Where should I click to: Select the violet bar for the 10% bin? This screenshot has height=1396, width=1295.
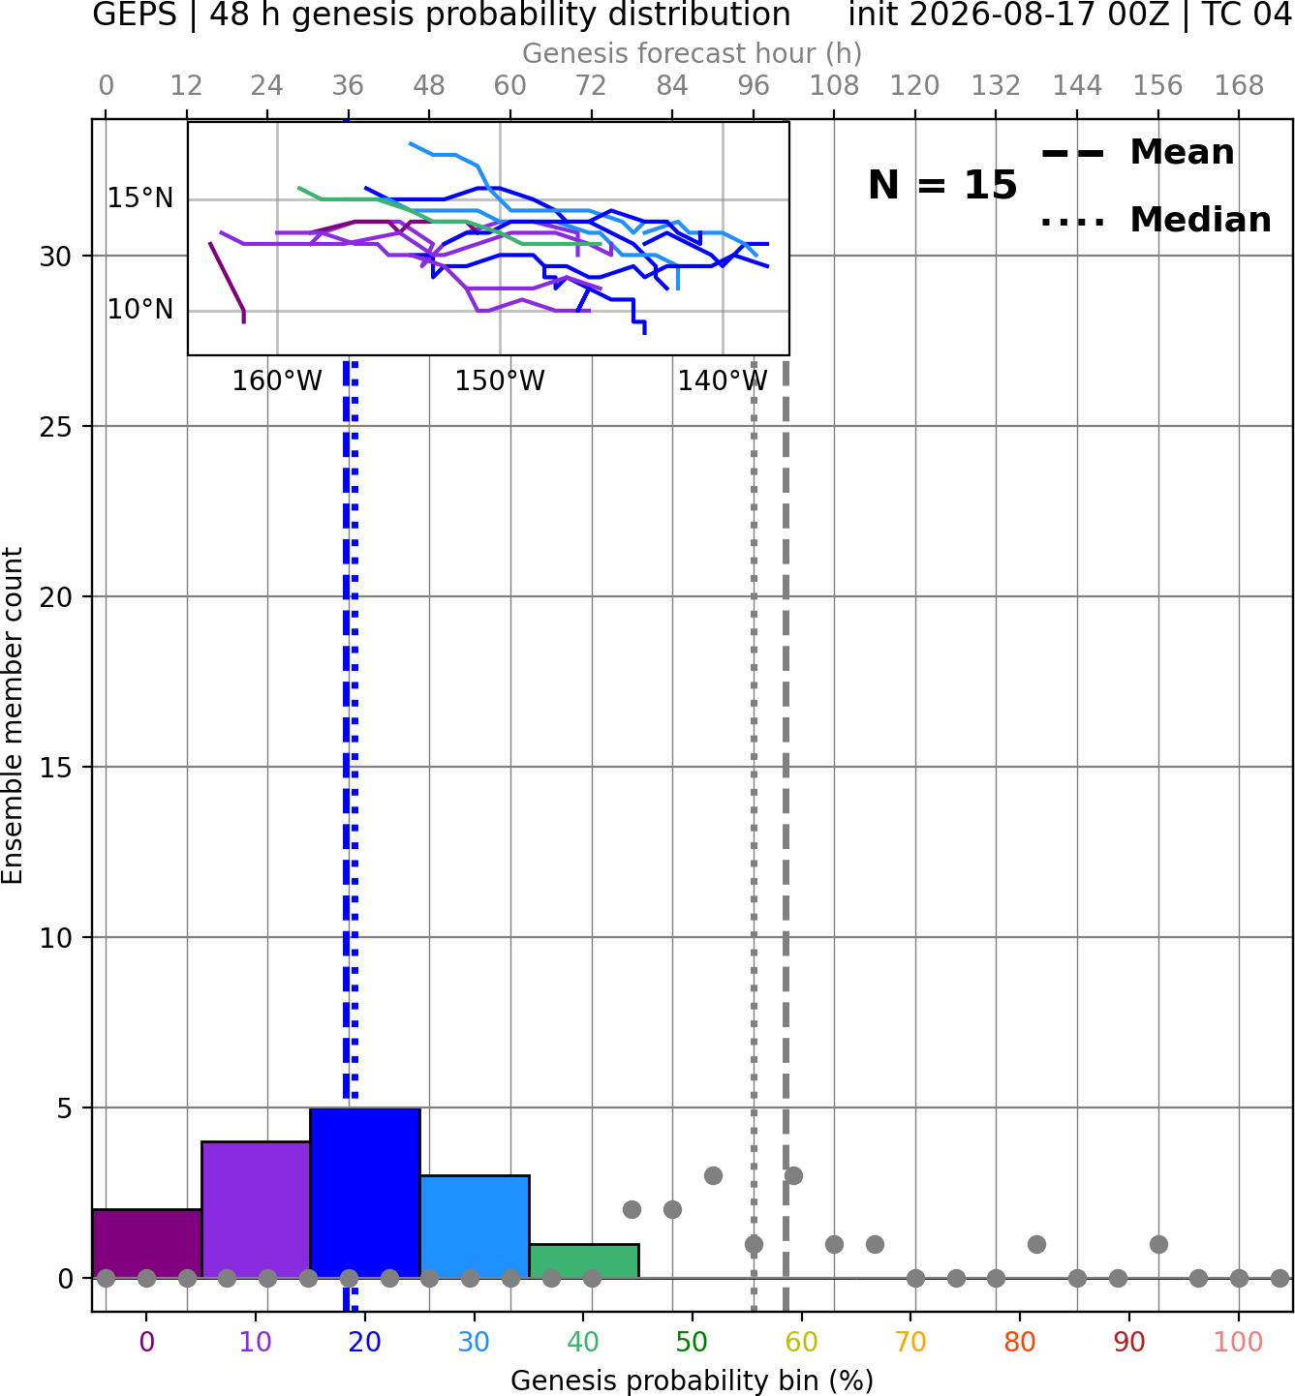(x=256, y=1210)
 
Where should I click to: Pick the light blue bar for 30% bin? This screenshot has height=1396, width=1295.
(x=475, y=1227)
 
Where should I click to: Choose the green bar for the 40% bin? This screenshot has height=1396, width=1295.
(x=584, y=1261)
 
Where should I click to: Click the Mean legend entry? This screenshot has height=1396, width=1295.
(x=1137, y=152)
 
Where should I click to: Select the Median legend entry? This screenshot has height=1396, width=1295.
(x=1156, y=220)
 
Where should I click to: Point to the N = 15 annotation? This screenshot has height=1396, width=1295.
(x=942, y=185)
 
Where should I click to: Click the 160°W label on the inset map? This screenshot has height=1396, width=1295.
(x=277, y=381)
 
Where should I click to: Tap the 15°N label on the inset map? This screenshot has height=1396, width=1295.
(x=140, y=198)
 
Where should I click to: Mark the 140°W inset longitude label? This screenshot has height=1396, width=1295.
(x=723, y=381)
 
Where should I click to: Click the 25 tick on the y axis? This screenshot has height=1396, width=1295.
(x=56, y=427)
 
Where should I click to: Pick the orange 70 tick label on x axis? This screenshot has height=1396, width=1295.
(x=910, y=1342)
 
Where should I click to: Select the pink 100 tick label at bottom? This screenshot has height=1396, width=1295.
(x=1238, y=1342)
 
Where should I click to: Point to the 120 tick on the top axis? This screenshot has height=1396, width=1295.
(x=914, y=86)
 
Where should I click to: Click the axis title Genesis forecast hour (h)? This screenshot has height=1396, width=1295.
(x=693, y=53)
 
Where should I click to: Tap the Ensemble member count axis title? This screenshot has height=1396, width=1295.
(x=13, y=715)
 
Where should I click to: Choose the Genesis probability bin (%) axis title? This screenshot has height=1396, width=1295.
(x=693, y=1381)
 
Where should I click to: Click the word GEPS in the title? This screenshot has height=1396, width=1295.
(x=135, y=15)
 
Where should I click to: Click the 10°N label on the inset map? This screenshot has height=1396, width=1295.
(x=140, y=309)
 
